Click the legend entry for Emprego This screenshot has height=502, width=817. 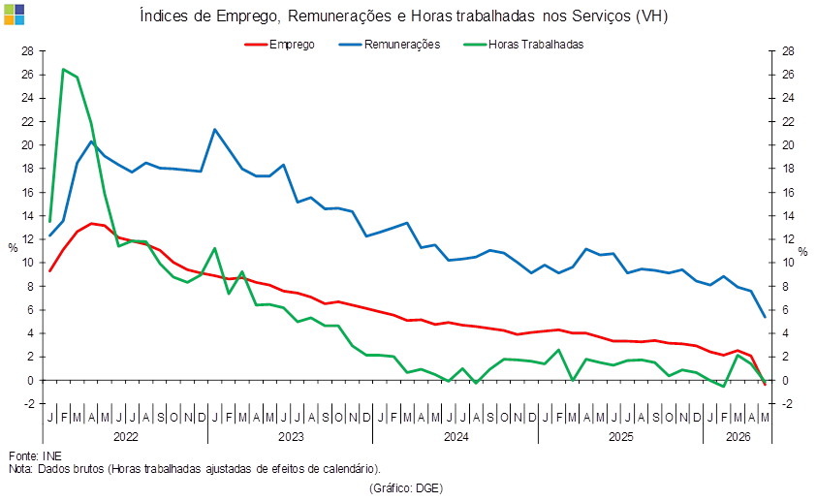click(280, 45)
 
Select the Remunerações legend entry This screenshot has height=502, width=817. click(390, 45)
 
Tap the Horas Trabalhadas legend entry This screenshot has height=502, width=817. click(523, 45)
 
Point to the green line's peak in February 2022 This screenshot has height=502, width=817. click(63, 69)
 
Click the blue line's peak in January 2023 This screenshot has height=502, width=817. click(215, 129)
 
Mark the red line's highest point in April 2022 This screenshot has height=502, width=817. click(91, 224)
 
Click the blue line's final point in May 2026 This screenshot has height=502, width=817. click(765, 317)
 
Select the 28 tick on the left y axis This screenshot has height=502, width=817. click(27, 51)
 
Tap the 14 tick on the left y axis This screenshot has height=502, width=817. click(27, 216)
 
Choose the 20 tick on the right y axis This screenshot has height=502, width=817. click(788, 145)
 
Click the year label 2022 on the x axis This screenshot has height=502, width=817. click(126, 437)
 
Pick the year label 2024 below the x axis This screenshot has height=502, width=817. click(456, 437)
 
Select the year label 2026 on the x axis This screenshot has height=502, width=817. click(738, 437)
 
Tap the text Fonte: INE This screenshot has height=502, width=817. click(35, 456)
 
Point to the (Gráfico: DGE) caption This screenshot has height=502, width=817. click(406, 488)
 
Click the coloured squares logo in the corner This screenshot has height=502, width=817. click(15, 15)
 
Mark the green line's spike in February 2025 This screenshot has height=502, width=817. click(558, 350)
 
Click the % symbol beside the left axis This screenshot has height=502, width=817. click(13, 248)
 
